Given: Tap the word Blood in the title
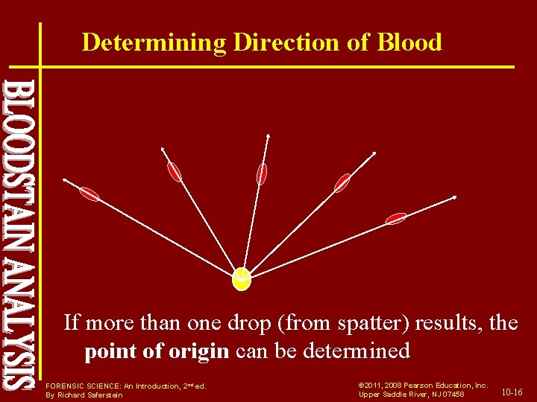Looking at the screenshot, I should coord(410,42).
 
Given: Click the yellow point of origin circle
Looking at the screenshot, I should coord(242,278).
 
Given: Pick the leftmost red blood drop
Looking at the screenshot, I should coord(89,194).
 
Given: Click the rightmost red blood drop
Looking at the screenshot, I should coord(395,218).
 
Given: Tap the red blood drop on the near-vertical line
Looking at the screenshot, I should coord(261,173).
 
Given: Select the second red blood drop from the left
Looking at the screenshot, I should coord(175,172).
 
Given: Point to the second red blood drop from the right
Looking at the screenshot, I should coord(342,182).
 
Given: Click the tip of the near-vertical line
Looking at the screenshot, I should coord(268,135).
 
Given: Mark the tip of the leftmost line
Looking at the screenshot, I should coord(64,179).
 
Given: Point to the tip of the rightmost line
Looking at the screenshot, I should coord(456,197).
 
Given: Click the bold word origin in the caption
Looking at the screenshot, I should coord(204,350).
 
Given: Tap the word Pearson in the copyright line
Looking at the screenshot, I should coord(418,385).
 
